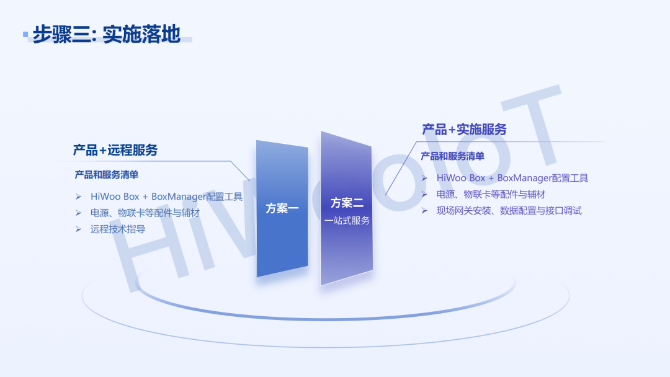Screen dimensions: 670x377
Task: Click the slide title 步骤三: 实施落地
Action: click(x=107, y=34)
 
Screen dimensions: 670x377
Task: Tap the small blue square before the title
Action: click(x=25, y=34)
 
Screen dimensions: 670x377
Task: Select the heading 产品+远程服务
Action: click(x=115, y=150)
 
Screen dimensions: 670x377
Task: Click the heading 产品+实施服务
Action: click(x=465, y=130)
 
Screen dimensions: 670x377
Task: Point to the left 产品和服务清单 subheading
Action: click(x=107, y=175)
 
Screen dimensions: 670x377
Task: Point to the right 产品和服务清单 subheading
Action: click(x=452, y=156)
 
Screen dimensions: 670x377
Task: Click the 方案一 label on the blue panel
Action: click(x=282, y=208)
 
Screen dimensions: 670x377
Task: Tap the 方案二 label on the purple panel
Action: click(x=347, y=203)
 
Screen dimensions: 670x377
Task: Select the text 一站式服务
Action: click(x=347, y=221)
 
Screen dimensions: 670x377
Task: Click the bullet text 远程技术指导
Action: click(x=118, y=229)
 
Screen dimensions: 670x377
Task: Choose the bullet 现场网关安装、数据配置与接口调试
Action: click(x=509, y=210)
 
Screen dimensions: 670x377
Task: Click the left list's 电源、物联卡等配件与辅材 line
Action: click(x=145, y=213)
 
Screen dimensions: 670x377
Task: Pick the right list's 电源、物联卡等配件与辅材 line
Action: click(x=491, y=194)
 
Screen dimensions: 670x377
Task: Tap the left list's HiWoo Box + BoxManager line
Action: click(x=167, y=197)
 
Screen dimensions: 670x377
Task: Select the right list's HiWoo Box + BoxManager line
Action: click(x=512, y=178)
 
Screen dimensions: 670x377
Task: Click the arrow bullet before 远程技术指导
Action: click(x=79, y=229)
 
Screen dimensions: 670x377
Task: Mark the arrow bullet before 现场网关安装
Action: click(x=424, y=210)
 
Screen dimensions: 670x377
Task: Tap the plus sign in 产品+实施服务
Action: click(x=452, y=130)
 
